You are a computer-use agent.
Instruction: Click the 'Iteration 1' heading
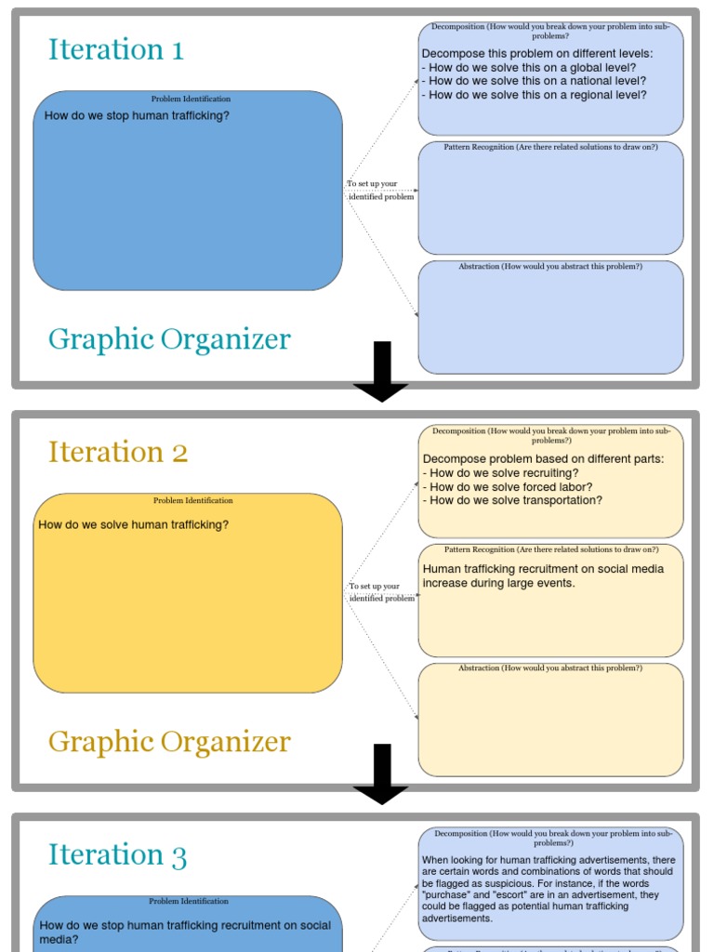point(116,49)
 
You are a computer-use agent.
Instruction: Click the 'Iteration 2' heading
point(118,452)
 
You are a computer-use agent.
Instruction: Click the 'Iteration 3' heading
point(118,854)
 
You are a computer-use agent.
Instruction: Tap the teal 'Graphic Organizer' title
point(169,339)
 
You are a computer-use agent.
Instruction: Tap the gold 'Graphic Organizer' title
point(169,742)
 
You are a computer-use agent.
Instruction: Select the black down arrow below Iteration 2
point(381,773)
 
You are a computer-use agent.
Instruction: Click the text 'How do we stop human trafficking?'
point(137,116)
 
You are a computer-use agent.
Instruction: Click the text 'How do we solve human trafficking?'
point(134,525)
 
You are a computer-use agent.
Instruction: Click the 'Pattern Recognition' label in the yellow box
point(550,549)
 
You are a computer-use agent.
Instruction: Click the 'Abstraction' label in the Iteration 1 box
point(550,267)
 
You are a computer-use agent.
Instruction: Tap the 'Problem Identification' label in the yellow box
point(192,501)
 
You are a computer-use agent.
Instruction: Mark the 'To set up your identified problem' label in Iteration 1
point(380,191)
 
